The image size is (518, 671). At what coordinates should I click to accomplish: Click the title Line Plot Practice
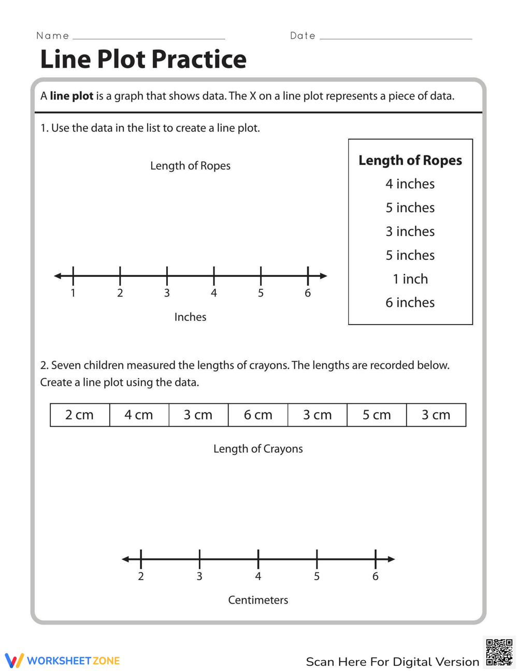click(x=143, y=59)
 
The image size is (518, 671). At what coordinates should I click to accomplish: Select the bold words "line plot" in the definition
click(x=71, y=96)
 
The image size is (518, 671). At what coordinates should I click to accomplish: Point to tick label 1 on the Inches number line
click(x=73, y=293)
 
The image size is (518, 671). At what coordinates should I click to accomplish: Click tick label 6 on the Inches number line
click(x=308, y=293)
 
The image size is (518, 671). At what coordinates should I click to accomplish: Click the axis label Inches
click(x=190, y=317)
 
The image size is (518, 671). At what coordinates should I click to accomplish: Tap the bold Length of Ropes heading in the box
click(x=410, y=160)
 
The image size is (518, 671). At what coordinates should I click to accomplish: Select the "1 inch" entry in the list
click(x=410, y=279)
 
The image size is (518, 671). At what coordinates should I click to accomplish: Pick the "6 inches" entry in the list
click(x=410, y=302)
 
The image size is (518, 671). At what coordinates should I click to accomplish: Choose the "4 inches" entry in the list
click(x=410, y=184)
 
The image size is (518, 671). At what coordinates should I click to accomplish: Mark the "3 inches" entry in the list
click(x=410, y=231)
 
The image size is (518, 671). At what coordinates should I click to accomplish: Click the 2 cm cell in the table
click(x=80, y=415)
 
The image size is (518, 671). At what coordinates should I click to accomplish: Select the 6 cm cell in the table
click(x=258, y=415)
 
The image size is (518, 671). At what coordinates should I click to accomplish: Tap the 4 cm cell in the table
click(x=139, y=415)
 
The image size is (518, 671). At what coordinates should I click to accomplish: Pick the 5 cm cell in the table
click(x=377, y=415)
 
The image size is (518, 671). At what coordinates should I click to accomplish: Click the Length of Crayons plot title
click(x=258, y=449)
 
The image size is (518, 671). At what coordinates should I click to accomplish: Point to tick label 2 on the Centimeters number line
click(x=141, y=577)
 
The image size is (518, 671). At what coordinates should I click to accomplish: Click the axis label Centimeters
click(x=258, y=600)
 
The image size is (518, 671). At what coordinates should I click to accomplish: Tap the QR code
click(x=499, y=652)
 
